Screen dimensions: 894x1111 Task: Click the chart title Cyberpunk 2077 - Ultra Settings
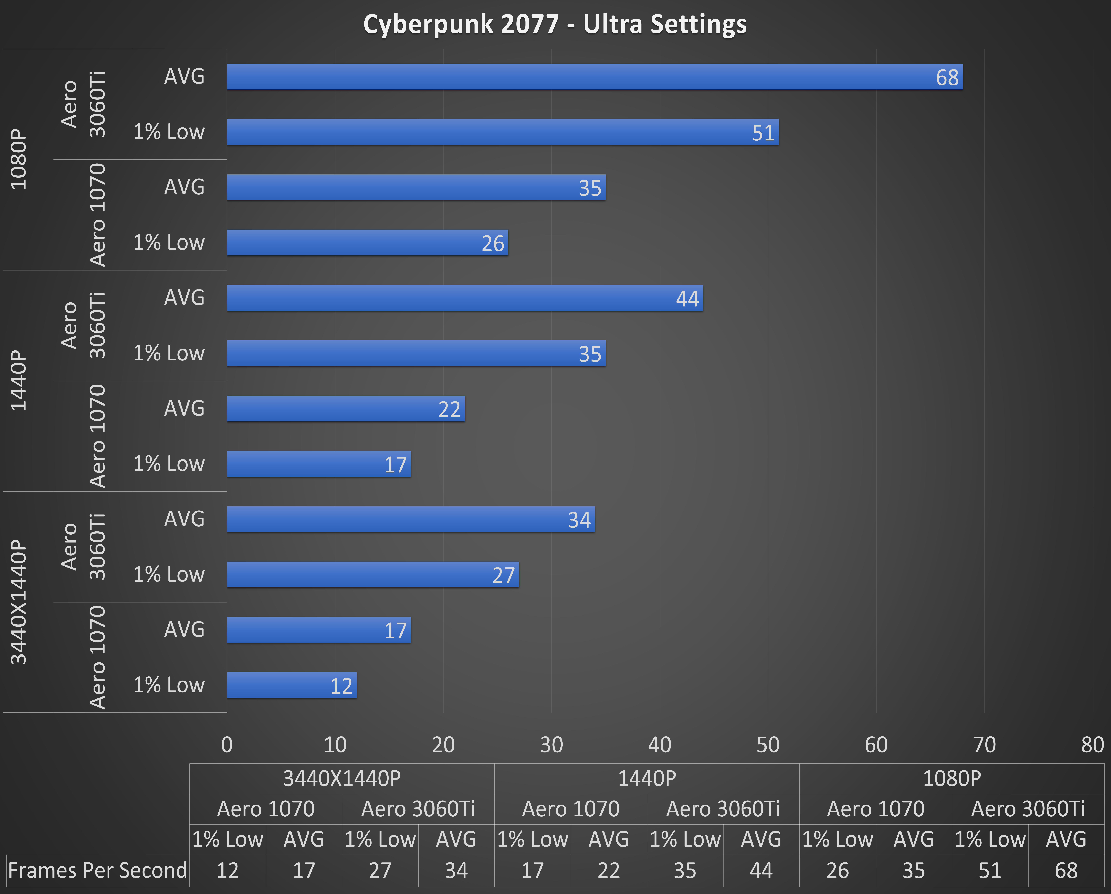[555, 24]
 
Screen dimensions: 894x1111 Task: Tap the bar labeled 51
[502, 132]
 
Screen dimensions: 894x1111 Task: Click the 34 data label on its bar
[579, 520]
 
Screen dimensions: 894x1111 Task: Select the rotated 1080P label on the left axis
[19, 159]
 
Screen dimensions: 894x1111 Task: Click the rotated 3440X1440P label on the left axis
[19, 602]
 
